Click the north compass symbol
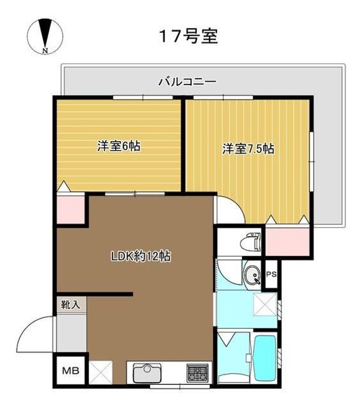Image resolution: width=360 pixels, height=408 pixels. pos(45,36)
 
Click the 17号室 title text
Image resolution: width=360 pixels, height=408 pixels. pos(188,36)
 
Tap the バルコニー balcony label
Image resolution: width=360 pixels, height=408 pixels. pos(188,82)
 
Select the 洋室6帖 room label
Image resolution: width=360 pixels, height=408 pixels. pos(119,146)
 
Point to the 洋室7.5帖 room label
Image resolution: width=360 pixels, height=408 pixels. pos(248,149)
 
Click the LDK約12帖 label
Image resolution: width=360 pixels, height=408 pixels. pos(141,256)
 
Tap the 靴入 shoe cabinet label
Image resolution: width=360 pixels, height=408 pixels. pos(70,305)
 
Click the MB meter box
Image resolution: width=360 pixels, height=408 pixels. pos(70,371)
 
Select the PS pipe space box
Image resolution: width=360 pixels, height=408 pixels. pos(271,274)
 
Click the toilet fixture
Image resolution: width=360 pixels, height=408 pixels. pos(251,242)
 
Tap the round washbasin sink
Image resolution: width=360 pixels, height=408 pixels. pos(252,275)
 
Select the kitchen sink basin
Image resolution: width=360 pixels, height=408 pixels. pos(147,373)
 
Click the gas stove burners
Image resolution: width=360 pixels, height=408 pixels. pos(197,373)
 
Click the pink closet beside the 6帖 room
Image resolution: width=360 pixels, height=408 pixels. pos(70,210)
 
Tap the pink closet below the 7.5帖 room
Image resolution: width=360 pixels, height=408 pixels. pos(287,242)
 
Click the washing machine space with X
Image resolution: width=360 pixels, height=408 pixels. pos(265,304)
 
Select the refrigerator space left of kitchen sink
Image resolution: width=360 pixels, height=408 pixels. pos(101,372)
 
